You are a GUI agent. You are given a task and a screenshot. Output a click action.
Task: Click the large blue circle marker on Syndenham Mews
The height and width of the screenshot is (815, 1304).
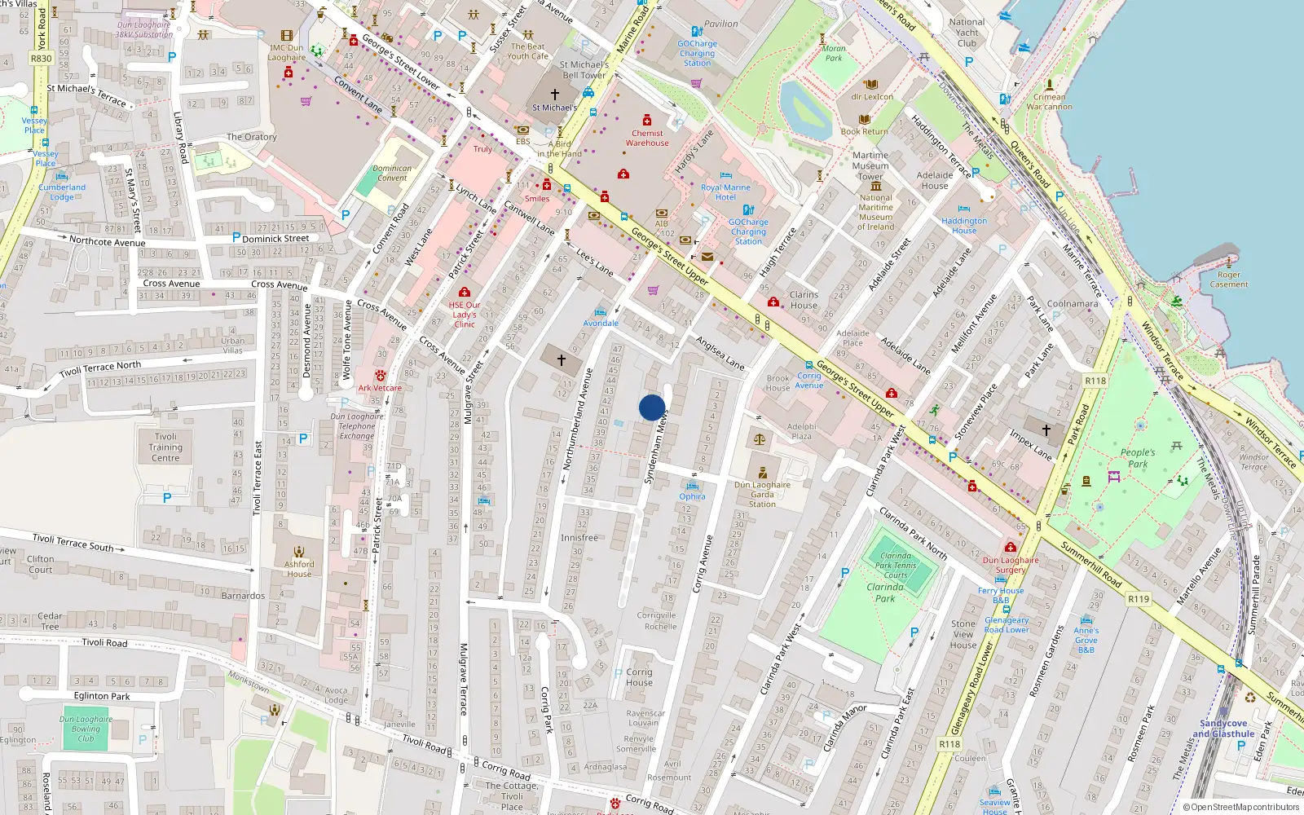[652, 407]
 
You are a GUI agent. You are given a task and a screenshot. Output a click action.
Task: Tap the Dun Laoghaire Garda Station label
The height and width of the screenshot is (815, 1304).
[762, 494]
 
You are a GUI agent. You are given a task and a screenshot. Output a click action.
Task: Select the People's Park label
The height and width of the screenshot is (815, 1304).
[1138, 458]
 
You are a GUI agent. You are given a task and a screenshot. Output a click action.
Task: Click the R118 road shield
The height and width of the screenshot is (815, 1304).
[1095, 381]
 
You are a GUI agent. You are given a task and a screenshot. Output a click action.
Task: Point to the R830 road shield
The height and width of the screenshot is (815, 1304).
[41, 59]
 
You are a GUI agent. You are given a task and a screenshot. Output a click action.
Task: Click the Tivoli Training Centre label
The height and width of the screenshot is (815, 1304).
[165, 447]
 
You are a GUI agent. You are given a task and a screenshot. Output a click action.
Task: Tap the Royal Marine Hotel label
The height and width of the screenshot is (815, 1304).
[725, 192]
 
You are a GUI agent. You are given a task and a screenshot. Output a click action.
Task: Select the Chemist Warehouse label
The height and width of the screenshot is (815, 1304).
[647, 138]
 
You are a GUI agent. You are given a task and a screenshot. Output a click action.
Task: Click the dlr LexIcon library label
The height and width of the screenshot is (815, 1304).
[872, 96]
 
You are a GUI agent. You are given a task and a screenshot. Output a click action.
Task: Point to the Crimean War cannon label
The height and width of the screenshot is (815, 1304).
[1049, 102]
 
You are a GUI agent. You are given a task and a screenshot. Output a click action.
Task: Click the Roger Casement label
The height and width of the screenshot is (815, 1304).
[1228, 280]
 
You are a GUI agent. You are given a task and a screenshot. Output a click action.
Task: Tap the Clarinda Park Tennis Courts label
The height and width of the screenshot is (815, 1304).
[896, 566]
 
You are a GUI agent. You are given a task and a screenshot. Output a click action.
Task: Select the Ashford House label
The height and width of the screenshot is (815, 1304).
[299, 569]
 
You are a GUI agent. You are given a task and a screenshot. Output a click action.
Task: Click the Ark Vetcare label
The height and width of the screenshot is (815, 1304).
[380, 388]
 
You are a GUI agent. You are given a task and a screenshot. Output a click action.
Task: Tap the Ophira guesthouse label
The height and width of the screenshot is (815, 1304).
[692, 496]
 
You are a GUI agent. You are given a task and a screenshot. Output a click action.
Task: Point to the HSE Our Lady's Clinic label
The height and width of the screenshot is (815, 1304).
[465, 315]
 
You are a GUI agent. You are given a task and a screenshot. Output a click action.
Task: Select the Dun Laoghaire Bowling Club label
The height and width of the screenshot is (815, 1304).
[86, 729]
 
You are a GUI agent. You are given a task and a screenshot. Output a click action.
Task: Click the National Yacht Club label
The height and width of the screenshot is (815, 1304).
[967, 33]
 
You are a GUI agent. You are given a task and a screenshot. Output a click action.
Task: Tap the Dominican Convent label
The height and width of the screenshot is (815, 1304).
[392, 173]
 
